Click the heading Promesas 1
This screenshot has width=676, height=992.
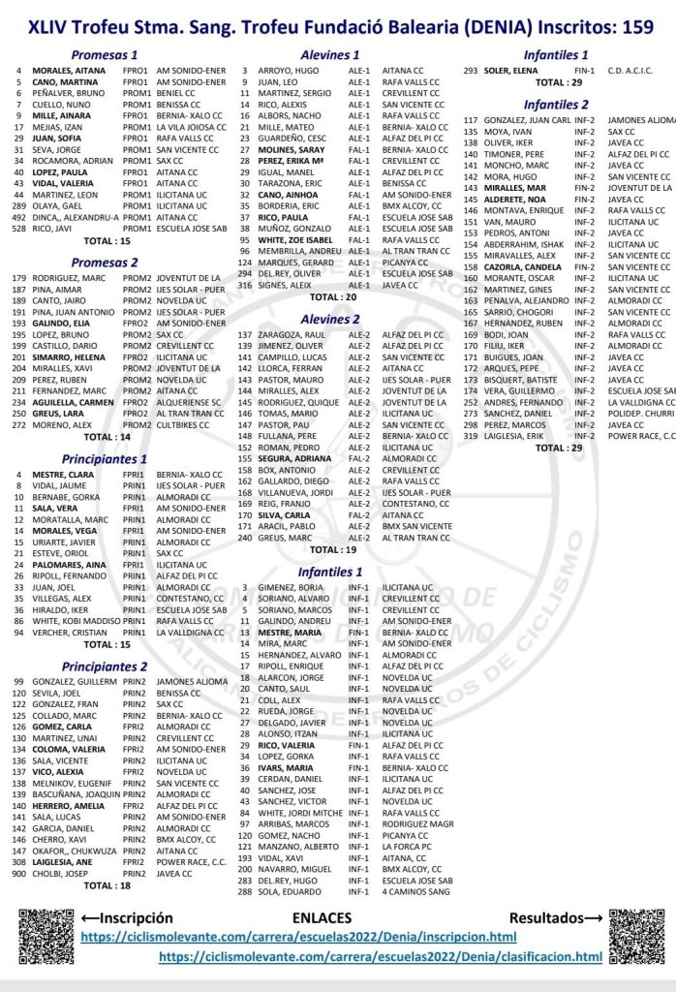105,55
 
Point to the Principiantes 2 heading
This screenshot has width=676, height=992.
105,666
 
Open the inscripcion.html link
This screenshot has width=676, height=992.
297,937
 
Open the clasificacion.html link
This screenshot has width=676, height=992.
381,956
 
